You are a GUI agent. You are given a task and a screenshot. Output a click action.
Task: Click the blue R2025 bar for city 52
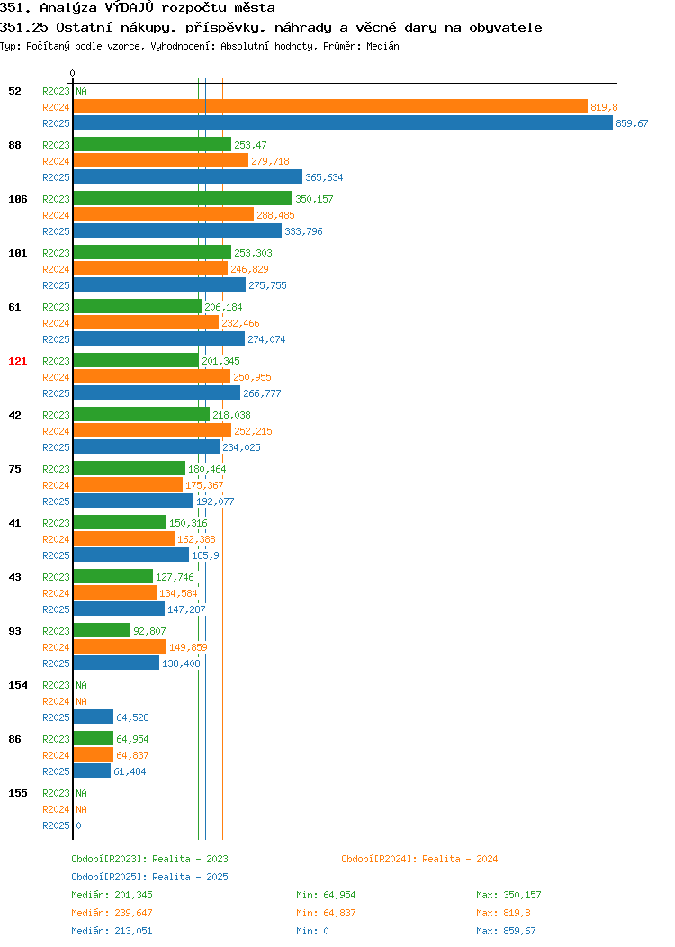coord(343,122)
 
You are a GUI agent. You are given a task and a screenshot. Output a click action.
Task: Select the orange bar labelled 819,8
coord(330,106)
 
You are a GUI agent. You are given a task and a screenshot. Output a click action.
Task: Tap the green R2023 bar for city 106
coord(183,198)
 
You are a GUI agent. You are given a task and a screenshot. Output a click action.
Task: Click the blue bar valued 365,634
coord(188,176)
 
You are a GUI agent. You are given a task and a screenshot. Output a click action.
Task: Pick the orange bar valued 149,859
coord(120,646)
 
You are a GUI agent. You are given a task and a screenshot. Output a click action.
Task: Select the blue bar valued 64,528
coord(94,717)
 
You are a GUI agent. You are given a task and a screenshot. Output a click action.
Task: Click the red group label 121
coord(17,361)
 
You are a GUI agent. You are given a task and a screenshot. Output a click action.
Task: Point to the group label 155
coord(17,793)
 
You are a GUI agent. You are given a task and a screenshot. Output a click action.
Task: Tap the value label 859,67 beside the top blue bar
coord(632,123)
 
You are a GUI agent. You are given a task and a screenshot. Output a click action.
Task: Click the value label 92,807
coord(149,630)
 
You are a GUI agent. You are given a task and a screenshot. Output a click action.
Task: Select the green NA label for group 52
coord(82,91)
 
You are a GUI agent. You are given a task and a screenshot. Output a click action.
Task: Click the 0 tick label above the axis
coord(73,73)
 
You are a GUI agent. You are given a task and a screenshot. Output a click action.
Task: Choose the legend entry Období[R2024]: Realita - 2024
coord(419,859)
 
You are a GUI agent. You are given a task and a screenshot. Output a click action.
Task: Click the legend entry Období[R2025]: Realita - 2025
coord(149,877)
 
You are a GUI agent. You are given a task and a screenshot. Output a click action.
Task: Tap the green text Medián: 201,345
coord(112,895)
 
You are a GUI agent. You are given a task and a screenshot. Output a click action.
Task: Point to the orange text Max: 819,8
coord(503,913)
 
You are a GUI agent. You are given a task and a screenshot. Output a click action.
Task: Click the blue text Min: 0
coord(312,931)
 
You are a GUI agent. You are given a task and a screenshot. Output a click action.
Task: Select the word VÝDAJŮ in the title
coord(130,7)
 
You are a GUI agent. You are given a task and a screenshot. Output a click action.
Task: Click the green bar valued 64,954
coord(94,738)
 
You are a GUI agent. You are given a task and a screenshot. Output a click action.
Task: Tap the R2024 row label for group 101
coord(56,269)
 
